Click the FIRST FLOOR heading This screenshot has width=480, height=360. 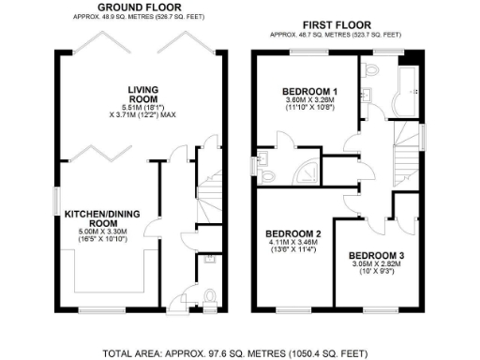click(335, 23)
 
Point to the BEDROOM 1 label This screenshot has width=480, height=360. click(310, 91)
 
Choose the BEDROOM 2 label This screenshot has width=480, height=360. click(292, 233)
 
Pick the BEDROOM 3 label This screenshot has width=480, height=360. click(376, 254)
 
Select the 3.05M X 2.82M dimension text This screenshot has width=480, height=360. click(376, 265)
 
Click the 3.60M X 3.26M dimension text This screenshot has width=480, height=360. click(309, 101)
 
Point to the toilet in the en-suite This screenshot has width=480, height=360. click(269, 174)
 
